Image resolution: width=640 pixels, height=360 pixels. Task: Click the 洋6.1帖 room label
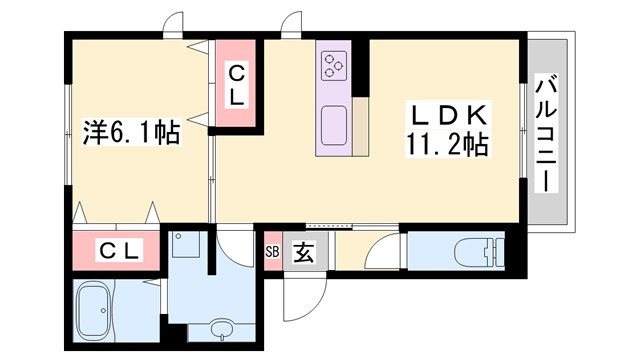(x=129, y=132)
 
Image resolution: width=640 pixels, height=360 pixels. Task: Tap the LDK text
(x=446, y=114)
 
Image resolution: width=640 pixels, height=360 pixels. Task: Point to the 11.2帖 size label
(x=447, y=147)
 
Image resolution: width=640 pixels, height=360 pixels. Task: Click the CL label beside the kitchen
(x=237, y=85)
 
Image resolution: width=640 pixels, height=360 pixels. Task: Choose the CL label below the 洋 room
(x=119, y=249)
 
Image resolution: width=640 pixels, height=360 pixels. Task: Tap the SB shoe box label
(x=273, y=251)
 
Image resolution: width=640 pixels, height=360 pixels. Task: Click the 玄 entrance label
(x=302, y=252)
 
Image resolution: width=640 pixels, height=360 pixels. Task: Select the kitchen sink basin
(x=333, y=126)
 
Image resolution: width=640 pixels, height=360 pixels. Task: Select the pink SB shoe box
(x=273, y=251)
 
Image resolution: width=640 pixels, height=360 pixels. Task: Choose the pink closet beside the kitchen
(x=237, y=85)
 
